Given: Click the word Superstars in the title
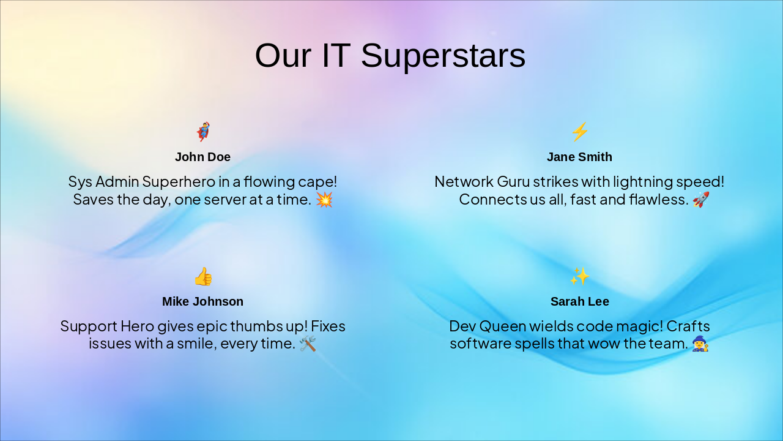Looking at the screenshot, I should (443, 56).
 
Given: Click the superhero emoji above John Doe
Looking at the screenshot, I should (203, 132).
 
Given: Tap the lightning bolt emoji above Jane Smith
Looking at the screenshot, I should (579, 132).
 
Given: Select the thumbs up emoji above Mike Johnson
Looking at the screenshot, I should (203, 276).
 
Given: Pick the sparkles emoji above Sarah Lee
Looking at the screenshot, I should (579, 276).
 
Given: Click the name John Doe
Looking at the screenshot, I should (203, 157).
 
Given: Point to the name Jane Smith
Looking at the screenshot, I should (579, 157).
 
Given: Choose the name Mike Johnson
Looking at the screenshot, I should (203, 301).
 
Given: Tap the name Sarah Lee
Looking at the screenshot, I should (579, 301).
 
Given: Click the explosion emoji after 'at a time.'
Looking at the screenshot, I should (324, 200).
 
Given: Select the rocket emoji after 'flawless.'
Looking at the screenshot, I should (701, 200).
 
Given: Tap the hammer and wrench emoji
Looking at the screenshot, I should (308, 344).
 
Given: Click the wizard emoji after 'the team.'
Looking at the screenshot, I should (700, 344).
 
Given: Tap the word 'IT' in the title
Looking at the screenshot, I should (336, 56).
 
